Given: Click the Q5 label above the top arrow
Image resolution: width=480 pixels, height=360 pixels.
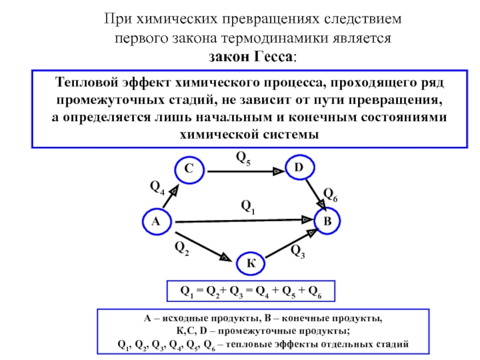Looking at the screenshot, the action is pos(244,158).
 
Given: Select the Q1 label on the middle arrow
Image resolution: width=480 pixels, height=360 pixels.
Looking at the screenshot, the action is pos(248,207).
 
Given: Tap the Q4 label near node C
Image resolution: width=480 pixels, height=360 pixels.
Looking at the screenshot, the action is pos(157,187).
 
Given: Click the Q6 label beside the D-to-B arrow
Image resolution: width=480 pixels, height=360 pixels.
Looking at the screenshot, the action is pos(331,194).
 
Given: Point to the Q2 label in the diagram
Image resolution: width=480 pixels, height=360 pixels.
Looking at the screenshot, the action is pos(182,248).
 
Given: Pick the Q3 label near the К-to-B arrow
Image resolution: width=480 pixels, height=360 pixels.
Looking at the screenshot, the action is pos(298,251).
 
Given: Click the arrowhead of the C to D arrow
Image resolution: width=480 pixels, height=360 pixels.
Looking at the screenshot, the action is pos(278,171).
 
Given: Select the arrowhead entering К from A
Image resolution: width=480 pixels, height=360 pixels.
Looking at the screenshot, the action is pos(226,257).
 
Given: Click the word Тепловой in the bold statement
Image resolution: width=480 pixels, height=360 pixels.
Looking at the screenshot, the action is pos(86,83).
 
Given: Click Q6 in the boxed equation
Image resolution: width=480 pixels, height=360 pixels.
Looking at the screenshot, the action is pos(315,292).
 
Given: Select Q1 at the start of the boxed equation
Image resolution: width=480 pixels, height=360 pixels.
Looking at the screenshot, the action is pos(187,292).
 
